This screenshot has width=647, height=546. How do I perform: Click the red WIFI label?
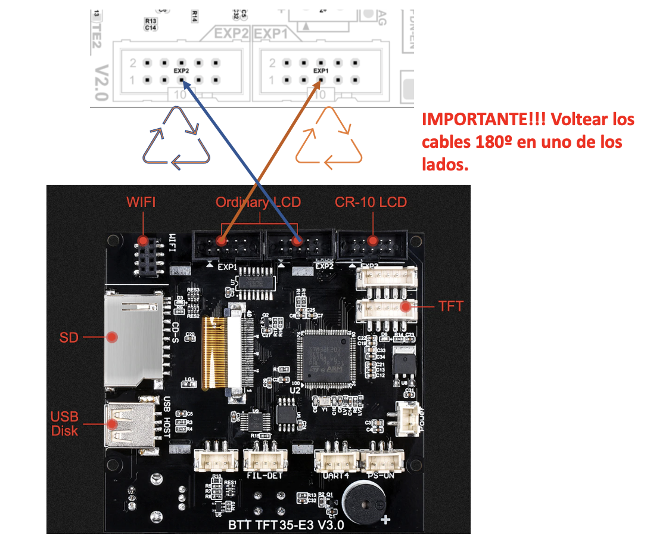pyautogui.click(x=141, y=202)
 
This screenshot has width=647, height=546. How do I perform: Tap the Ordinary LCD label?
pyautogui.click(x=258, y=202)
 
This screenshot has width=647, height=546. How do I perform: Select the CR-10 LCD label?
pyautogui.click(x=371, y=202)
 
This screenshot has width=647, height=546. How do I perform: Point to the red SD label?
pyautogui.click(x=69, y=337)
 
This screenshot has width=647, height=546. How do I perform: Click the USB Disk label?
pyautogui.click(x=64, y=423)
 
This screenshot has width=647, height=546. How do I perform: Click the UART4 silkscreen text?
pyautogui.click(x=334, y=476)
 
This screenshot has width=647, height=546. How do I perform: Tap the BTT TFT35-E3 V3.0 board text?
pyautogui.click(x=286, y=526)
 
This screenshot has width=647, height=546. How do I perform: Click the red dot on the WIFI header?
pyautogui.click(x=143, y=241)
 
